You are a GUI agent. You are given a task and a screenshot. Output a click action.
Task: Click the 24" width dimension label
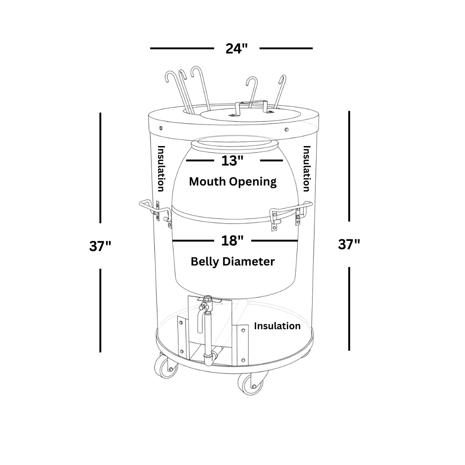236,48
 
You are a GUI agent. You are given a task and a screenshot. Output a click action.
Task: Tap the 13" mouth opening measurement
232,161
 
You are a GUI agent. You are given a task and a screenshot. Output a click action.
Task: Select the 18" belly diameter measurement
232,241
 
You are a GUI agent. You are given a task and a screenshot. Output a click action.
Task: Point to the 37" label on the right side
349,244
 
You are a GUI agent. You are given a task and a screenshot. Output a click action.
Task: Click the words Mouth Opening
232,181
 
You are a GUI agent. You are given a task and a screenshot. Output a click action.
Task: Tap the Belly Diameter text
232,261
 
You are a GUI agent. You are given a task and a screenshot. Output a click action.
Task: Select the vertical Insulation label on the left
161,168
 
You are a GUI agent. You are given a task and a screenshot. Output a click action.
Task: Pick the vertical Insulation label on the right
306,168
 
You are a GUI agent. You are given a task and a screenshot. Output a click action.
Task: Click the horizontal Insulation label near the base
277,326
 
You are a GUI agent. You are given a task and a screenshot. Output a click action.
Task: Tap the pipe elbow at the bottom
210,359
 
